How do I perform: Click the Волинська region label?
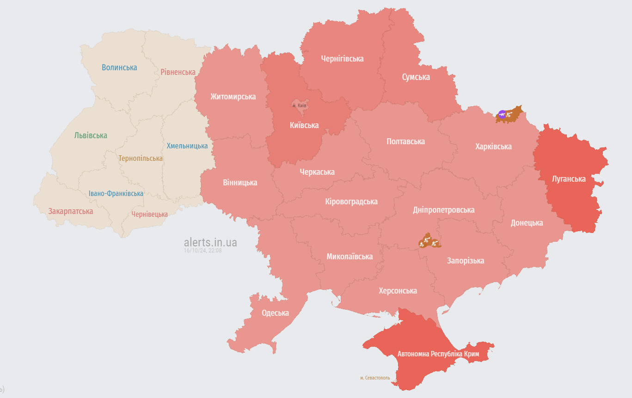click(119, 67)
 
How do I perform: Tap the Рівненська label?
click(178, 72)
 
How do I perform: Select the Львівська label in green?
click(91, 135)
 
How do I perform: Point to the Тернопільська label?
click(141, 158)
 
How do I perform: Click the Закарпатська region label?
click(71, 211)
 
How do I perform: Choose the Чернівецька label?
click(149, 214)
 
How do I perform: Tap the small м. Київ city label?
click(299, 106)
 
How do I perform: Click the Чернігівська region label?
click(342, 59)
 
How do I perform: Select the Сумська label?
click(416, 77)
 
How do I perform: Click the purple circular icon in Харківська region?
click(502, 114)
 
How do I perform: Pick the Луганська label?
click(569, 179)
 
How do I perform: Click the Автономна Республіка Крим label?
click(438, 354)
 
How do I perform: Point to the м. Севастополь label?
click(375, 378)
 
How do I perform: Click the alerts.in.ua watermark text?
click(210, 242)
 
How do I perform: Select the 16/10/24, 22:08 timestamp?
click(202, 250)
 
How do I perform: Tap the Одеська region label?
click(275, 313)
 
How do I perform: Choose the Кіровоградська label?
click(351, 202)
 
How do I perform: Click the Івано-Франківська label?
click(116, 193)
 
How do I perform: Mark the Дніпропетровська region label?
click(443, 210)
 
